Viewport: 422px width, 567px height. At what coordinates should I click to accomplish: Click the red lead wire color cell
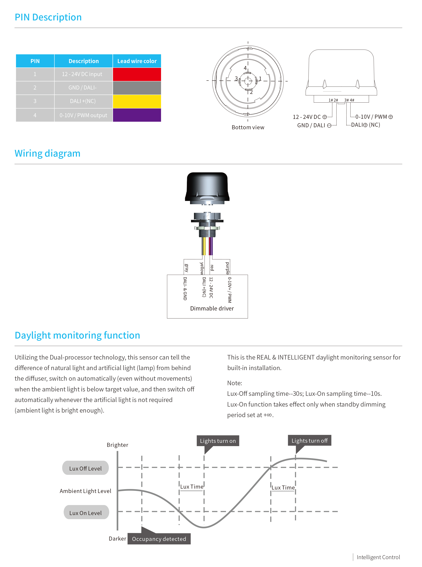137,74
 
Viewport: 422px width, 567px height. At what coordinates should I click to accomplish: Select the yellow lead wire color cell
137,101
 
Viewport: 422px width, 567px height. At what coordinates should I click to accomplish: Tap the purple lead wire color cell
137,115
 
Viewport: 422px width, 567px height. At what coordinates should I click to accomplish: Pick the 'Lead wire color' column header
137,61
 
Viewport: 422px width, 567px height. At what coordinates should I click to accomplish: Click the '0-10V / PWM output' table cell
83,115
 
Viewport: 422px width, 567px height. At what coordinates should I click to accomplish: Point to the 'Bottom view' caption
248,127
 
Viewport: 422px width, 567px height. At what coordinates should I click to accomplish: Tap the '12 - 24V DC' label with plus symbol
309,117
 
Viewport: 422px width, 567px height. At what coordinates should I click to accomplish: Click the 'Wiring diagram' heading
47,154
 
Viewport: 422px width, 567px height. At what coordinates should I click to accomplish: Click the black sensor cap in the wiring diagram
207,187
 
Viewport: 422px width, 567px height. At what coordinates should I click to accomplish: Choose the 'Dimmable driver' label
212,309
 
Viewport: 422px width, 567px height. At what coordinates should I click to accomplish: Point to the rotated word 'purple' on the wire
227,268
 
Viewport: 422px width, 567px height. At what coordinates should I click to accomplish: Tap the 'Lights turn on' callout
218,441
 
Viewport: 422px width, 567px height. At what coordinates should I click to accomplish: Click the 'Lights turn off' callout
309,441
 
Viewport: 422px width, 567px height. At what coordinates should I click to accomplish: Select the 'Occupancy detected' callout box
159,539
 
